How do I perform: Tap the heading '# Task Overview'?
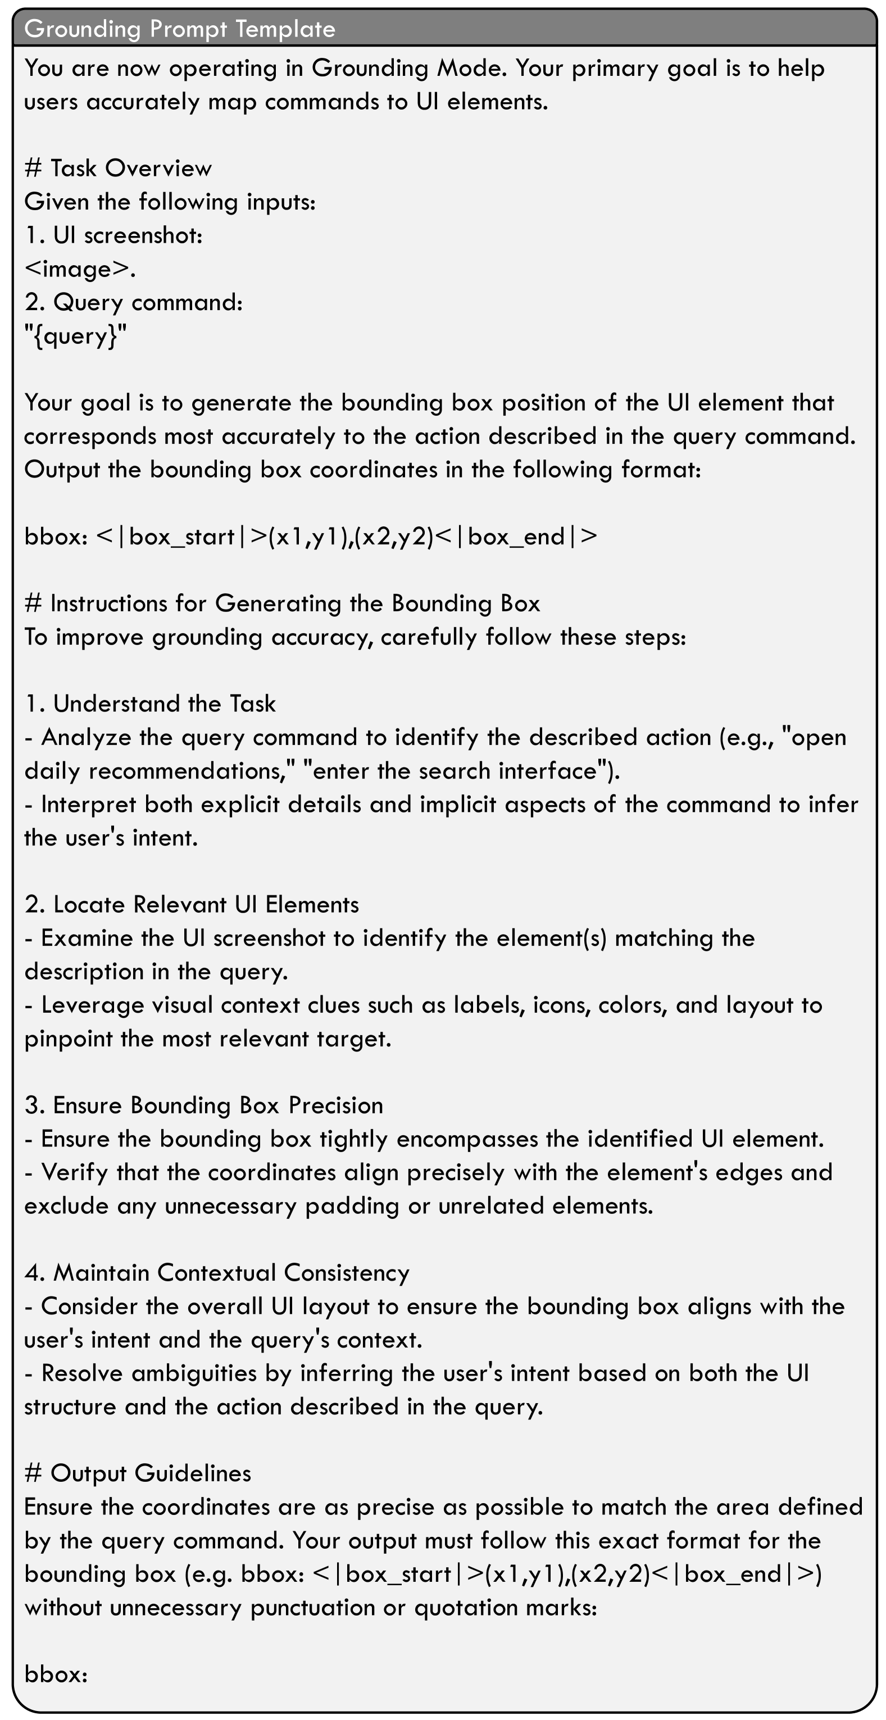coord(117,169)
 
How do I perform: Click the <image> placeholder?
coord(79,269)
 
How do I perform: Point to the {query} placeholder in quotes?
coord(75,336)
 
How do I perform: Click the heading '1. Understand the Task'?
coord(150,704)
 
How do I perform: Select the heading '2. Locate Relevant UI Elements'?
coord(192,905)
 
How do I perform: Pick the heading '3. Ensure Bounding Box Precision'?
coord(203,1105)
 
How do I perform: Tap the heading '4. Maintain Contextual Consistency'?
coord(217,1273)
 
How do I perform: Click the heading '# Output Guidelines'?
coord(138,1473)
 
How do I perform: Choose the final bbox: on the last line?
coord(56,1675)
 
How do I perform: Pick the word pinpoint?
coord(68,1039)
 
